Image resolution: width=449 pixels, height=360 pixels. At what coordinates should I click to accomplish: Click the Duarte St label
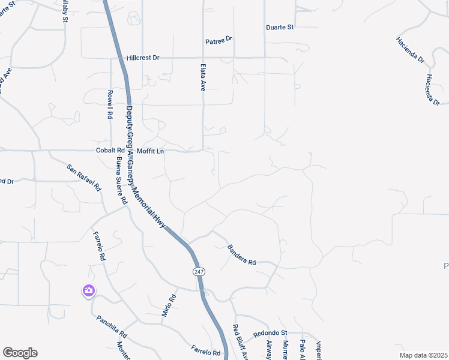(280, 28)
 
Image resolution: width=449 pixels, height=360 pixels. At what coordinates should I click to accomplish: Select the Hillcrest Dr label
(143, 58)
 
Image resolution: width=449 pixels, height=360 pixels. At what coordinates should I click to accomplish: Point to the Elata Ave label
(203, 77)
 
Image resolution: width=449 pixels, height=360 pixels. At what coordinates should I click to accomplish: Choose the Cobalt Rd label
(110, 151)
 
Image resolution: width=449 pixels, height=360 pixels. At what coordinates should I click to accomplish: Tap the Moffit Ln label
(150, 151)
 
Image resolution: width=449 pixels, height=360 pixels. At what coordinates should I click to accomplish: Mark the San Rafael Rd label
(84, 178)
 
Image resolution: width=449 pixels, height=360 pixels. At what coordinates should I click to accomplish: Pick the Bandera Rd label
(241, 255)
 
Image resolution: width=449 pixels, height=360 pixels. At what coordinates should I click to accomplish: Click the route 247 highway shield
(199, 272)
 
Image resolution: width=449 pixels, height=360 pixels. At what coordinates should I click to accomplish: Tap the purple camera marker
(89, 291)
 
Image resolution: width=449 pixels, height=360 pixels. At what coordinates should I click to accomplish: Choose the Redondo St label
(271, 332)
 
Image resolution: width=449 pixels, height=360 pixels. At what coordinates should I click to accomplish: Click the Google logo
(20, 353)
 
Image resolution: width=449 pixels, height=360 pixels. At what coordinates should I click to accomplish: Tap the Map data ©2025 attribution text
(423, 355)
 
